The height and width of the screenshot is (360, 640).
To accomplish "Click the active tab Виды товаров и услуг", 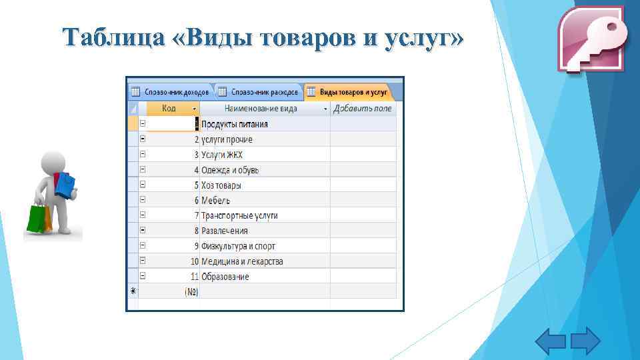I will tap(353, 91).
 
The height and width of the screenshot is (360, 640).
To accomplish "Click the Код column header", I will tap(170, 108).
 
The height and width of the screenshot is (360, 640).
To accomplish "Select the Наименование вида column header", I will tap(261, 108).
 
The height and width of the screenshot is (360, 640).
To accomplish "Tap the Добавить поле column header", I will tap(363, 108).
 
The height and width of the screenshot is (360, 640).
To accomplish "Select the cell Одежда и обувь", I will tap(230, 170).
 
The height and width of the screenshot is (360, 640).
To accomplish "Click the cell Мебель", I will tap(216, 200).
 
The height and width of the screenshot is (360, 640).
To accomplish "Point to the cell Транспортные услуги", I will tap(239, 215).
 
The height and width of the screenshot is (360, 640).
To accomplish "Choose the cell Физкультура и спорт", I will tap(238, 246).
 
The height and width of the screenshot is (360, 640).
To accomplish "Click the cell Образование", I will tap(225, 277).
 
